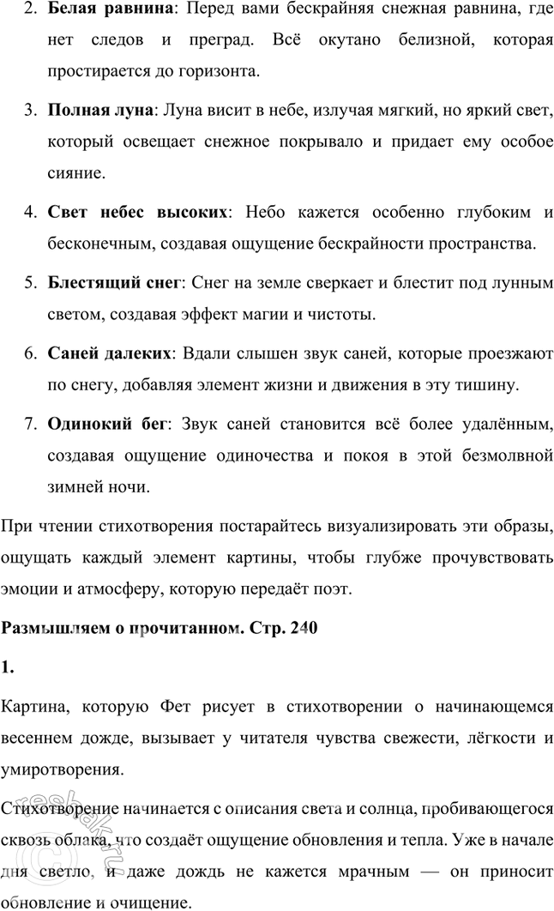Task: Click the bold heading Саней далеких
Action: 109,353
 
